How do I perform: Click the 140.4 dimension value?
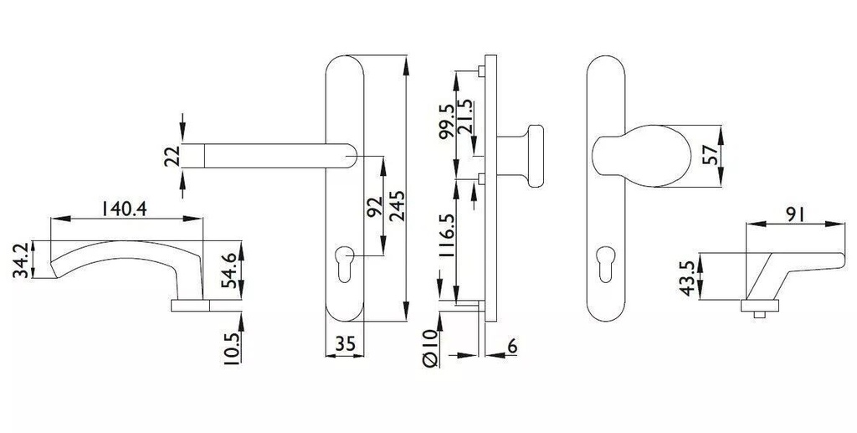(124, 209)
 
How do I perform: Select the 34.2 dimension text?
(21, 260)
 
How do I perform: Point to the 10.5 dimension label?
(232, 348)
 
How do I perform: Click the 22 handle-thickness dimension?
(171, 157)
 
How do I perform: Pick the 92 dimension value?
(375, 207)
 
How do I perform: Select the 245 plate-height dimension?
(397, 205)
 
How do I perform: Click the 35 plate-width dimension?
(345, 344)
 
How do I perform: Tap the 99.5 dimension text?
(447, 121)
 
